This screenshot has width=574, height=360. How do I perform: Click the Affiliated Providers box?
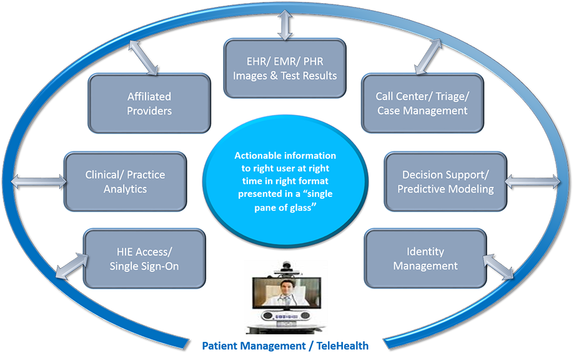(x=149, y=104)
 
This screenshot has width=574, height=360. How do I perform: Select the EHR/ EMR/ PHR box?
(x=285, y=69)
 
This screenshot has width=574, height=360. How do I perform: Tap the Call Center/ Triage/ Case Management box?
(x=422, y=104)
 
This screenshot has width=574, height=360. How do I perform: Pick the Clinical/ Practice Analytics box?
(x=126, y=182)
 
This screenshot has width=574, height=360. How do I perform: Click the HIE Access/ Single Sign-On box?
(x=144, y=259)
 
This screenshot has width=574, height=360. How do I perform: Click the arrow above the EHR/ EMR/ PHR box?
(x=285, y=24)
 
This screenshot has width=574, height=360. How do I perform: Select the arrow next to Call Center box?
(x=428, y=56)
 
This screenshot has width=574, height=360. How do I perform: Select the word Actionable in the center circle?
(x=256, y=155)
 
